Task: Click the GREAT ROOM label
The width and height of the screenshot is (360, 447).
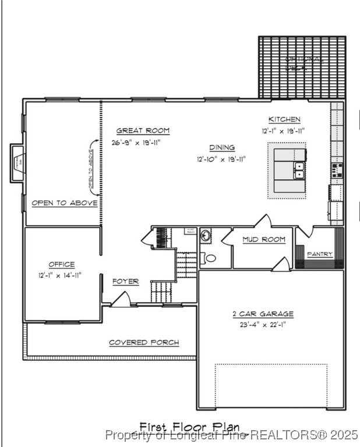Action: pyautogui.click(x=143, y=131)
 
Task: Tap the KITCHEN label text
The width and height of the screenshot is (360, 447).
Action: pyautogui.click(x=284, y=119)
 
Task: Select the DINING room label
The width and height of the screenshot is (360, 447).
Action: pyautogui.click(x=222, y=147)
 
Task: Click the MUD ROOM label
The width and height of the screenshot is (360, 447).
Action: pyautogui.click(x=264, y=239)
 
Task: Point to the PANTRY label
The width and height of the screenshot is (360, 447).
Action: pyautogui.click(x=319, y=254)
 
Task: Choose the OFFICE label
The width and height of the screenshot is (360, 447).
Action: pyautogui.click(x=61, y=265)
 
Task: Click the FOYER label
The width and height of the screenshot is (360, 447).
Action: pyautogui.click(x=125, y=282)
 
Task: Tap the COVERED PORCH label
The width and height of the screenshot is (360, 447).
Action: pyautogui.click(x=144, y=342)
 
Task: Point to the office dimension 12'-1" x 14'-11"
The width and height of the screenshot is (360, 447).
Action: pyautogui.click(x=61, y=275)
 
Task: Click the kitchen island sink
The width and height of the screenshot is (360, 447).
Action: pyautogui.click(x=299, y=170)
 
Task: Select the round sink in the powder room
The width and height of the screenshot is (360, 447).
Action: pyautogui.click(x=206, y=236)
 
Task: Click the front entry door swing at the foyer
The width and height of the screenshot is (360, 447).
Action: pyautogui.click(x=121, y=299)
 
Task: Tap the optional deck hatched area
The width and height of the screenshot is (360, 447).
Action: pyautogui.click(x=302, y=67)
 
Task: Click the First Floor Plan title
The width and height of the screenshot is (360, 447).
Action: pyautogui.click(x=189, y=428)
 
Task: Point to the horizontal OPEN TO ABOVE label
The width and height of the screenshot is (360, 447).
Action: pyautogui.click(x=64, y=203)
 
